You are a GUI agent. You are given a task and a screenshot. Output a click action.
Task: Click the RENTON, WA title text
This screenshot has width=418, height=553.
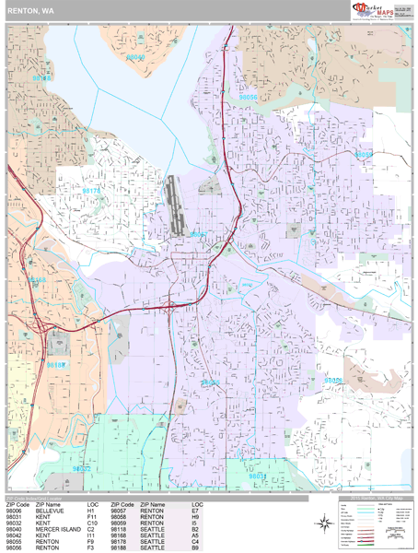point(29,12)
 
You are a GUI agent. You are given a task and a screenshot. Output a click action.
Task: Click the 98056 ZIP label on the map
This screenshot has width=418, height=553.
point(248,96)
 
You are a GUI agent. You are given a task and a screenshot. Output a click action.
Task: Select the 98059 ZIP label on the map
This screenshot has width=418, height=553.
point(365,154)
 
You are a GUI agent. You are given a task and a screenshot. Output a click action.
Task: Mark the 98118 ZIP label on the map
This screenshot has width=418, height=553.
point(41,79)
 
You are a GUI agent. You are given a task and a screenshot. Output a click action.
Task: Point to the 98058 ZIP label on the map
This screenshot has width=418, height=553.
point(331,380)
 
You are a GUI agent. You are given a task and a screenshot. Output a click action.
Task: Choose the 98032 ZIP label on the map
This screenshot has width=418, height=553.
point(81,468)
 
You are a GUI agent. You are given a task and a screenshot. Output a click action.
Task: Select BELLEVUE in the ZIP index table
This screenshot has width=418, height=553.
point(50,512)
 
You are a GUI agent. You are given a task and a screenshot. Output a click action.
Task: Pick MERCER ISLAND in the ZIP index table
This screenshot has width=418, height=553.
point(59,529)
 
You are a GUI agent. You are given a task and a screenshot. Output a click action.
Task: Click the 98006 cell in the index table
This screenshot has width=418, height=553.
point(15,512)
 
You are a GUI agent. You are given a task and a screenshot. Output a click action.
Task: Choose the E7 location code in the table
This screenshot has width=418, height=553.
point(196,512)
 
